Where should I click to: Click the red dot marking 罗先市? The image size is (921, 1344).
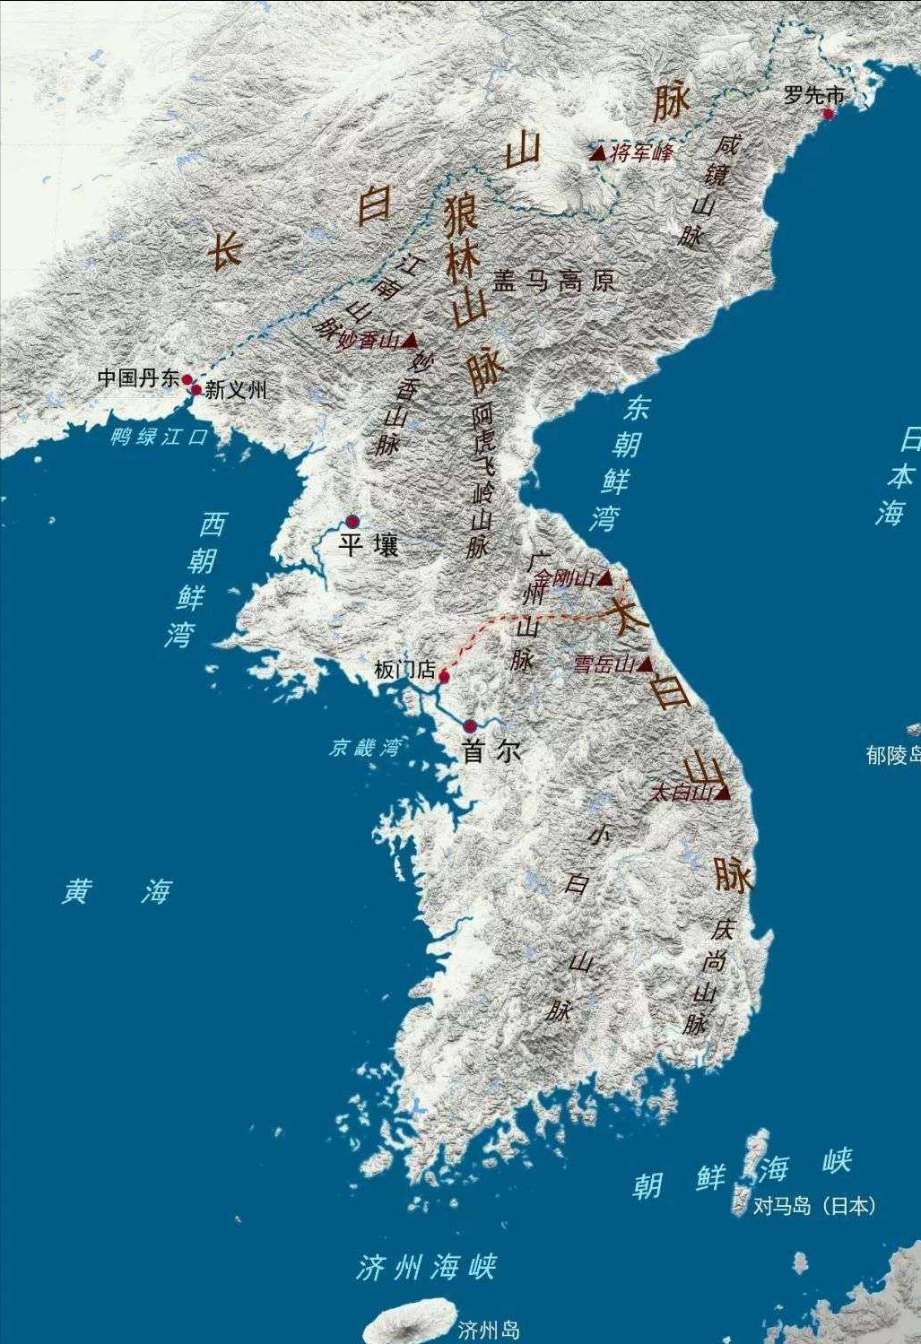click(828, 114)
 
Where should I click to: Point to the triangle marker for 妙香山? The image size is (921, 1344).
click(411, 340)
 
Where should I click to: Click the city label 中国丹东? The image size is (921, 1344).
click(138, 378)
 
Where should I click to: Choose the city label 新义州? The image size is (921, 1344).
click(236, 390)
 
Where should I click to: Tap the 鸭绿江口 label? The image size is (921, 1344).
click(159, 438)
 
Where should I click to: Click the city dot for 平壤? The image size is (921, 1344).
click(352, 521)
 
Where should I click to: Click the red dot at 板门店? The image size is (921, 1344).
click(443, 676)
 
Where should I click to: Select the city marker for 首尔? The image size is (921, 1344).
click(470, 726)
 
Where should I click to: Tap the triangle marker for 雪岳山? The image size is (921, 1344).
click(645, 663)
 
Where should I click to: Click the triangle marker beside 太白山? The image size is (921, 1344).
click(723, 792)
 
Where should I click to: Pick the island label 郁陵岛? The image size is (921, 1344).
click(892, 755)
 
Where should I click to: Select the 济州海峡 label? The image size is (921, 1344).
click(426, 1268)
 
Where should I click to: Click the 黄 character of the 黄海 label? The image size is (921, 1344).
click(77, 891)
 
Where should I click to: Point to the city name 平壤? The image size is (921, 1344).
click(369, 545)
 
